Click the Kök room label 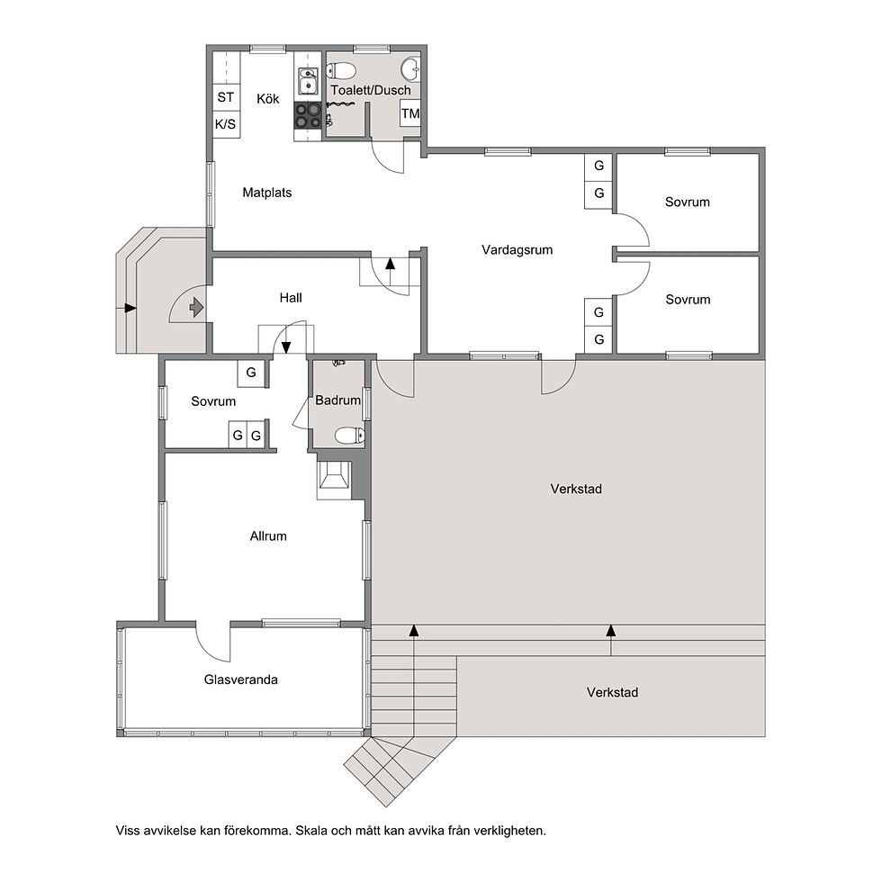268,99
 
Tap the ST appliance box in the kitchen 226,97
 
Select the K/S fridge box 226,124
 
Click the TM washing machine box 410,113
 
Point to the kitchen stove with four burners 307,116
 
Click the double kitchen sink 307,81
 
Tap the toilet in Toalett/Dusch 341,71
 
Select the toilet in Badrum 349,436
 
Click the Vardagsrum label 517,250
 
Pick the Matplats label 267,193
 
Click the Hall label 291,298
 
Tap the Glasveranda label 241,679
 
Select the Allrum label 268,536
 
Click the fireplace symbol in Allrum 334,480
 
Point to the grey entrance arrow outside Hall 196,307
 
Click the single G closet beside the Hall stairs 251,373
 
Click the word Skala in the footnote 312,830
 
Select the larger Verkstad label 576,489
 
